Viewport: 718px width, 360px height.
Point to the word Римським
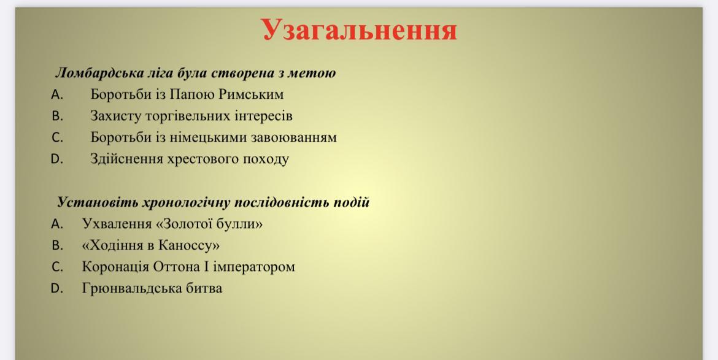[x=251, y=94]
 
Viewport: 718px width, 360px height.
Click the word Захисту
[x=116, y=116]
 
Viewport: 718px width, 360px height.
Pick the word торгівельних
[x=188, y=116]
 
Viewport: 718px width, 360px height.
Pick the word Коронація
[x=115, y=267]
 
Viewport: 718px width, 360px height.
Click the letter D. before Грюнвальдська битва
[x=57, y=289]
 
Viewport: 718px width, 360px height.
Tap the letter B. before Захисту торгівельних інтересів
[x=57, y=116]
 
